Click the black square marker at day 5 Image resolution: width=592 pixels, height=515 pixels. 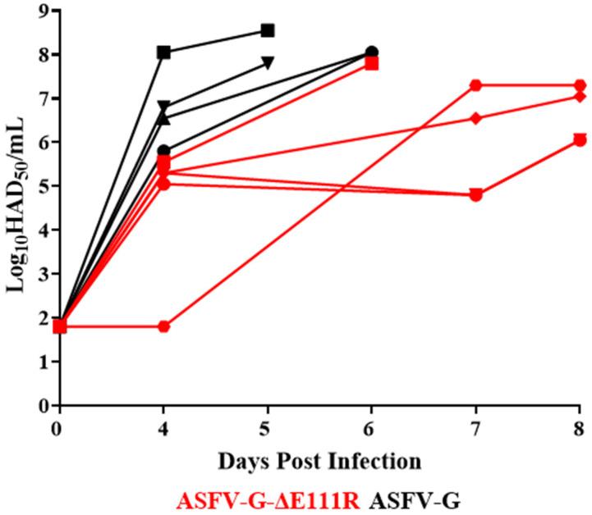point(267,30)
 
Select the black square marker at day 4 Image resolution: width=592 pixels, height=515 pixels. point(163,52)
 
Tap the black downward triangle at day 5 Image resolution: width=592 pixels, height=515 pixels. point(267,62)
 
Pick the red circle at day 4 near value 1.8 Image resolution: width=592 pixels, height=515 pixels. point(163,326)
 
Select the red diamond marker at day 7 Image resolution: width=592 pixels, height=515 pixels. point(475,118)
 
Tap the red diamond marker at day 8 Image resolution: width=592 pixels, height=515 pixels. point(580,96)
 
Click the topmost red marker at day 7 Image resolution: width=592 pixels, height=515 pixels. point(475,85)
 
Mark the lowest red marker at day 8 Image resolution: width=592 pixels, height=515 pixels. point(580,140)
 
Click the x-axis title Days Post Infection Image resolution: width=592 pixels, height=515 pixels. point(319,461)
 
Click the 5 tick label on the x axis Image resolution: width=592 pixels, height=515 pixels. point(267,429)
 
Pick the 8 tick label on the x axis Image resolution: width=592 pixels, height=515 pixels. point(580,429)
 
